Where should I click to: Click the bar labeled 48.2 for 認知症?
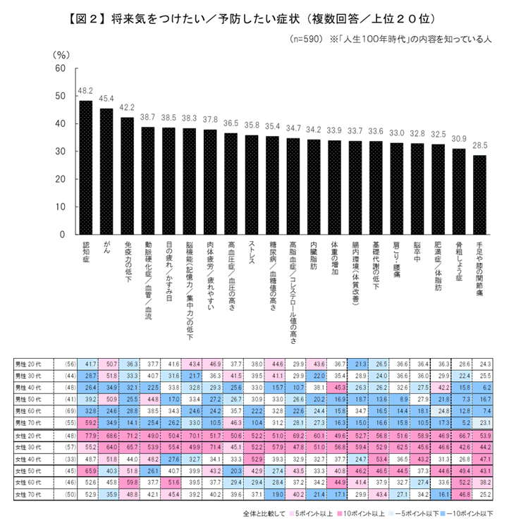(x=85, y=167)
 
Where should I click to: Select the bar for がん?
(x=106, y=171)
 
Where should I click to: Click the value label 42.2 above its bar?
(x=127, y=108)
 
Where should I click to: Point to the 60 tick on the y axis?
(x=60, y=68)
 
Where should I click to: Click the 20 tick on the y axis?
(x=60, y=179)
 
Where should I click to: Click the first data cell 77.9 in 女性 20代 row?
(x=90, y=438)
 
